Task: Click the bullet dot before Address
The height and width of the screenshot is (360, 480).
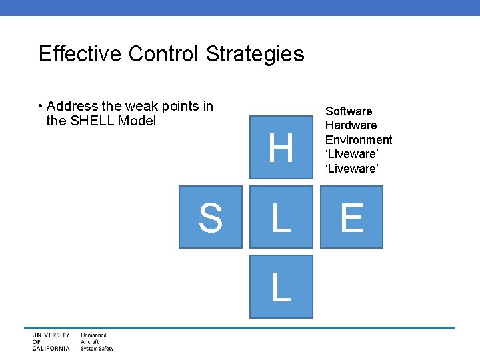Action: (41, 107)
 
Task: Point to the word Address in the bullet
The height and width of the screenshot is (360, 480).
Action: (73, 106)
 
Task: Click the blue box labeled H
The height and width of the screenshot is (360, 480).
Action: (281, 147)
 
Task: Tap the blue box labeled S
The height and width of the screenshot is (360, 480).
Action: (210, 217)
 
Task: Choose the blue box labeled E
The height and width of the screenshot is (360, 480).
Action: (351, 217)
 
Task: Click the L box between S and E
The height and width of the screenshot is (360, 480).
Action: (281, 217)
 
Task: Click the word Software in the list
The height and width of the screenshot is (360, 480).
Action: (349, 111)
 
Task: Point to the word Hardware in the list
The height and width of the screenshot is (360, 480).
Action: (351, 125)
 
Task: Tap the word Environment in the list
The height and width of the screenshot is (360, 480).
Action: (359, 140)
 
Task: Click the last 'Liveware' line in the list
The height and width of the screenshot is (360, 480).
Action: (352, 169)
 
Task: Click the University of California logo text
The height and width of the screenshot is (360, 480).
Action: (51, 341)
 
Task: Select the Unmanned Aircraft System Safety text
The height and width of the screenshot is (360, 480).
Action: (97, 341)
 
